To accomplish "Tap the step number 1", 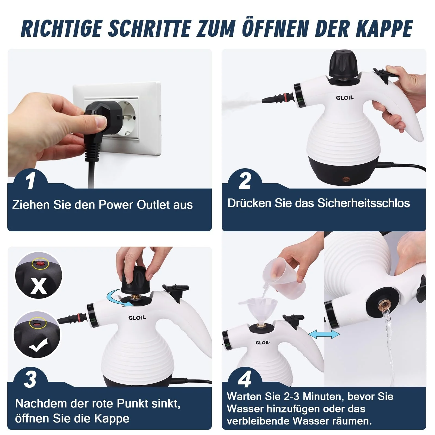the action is point(30,181).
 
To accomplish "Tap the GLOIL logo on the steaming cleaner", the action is point(345,98).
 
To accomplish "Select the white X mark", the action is point(39,285).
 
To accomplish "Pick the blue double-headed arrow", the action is point(324,334).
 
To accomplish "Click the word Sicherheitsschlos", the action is point(363,203).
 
